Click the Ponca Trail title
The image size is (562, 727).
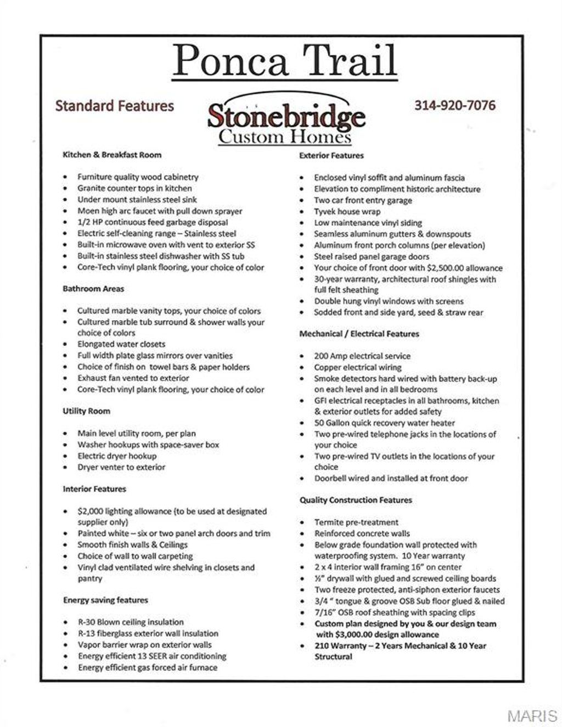[284, 60]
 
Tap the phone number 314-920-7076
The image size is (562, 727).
[455, 105]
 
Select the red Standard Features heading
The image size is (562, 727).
[114, 105]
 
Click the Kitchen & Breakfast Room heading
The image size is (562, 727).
[112, 155]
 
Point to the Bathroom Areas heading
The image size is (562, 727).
[93, 288]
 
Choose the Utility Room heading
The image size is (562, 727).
[86, 411]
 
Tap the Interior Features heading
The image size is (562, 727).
[94, 489]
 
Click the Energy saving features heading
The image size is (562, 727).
[105, 600]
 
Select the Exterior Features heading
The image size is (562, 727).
[331, 155]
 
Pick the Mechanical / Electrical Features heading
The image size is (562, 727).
[359, 333]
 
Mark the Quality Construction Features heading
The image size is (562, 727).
[356, 499]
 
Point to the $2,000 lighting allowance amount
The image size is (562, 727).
[90, 511]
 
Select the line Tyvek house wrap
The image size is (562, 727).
[347, 212]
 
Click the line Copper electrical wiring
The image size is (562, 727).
[357, 367]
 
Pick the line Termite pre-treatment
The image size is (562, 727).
[356, 522]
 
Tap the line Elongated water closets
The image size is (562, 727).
[121, 344]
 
